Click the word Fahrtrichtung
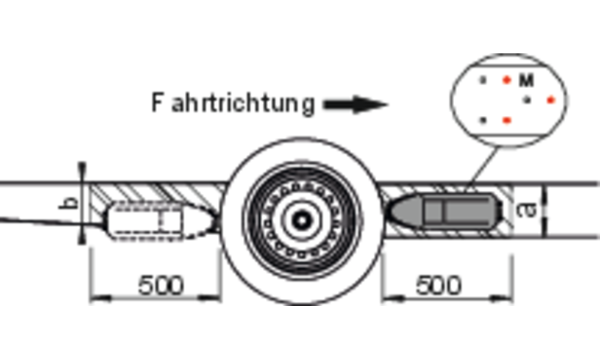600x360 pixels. (x=233, y=103)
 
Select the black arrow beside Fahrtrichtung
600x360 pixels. (x=356, y=104)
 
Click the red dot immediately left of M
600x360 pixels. (x=506, y=80)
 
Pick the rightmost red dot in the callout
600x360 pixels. (x=551, y=100)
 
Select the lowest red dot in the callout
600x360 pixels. (x=506, y=121)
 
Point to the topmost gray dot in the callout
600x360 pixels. (x=483, y=80)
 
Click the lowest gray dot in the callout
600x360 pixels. (x=483, y=121)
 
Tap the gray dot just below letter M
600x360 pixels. (x=527, y=100)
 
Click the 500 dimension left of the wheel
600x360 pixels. (x=161, y=285)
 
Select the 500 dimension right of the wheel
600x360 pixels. (x=439, y=285)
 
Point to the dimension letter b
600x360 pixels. (x=69, y=203)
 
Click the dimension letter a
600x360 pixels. (x=527, y=210)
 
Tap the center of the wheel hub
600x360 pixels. (x=302, y=220)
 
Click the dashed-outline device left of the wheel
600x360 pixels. (x=161, y=221)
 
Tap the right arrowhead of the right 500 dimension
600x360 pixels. (x=502, y=298)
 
